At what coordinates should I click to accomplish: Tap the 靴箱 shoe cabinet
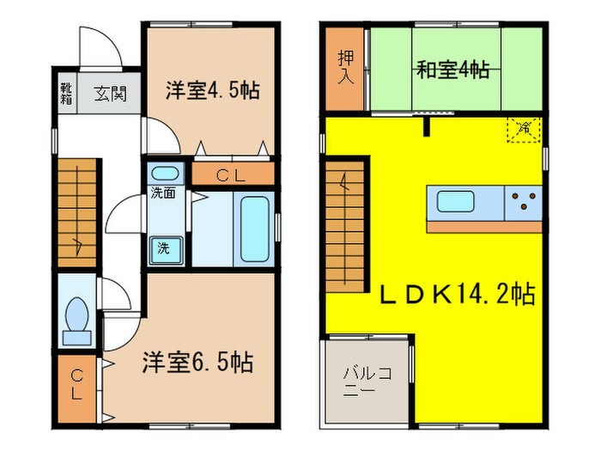tap(66, 92)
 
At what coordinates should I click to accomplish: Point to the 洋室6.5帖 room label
tap(197, 363)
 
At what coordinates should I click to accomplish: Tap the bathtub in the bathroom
tap(255, 229)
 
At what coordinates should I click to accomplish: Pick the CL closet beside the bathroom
tap(232, 174)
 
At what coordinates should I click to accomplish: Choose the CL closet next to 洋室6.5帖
tap(77, 384)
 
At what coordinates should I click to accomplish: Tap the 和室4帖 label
tap(453, 68)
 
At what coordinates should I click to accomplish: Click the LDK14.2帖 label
tap(458, 295)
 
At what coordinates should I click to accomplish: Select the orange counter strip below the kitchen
tap(484, 227)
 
